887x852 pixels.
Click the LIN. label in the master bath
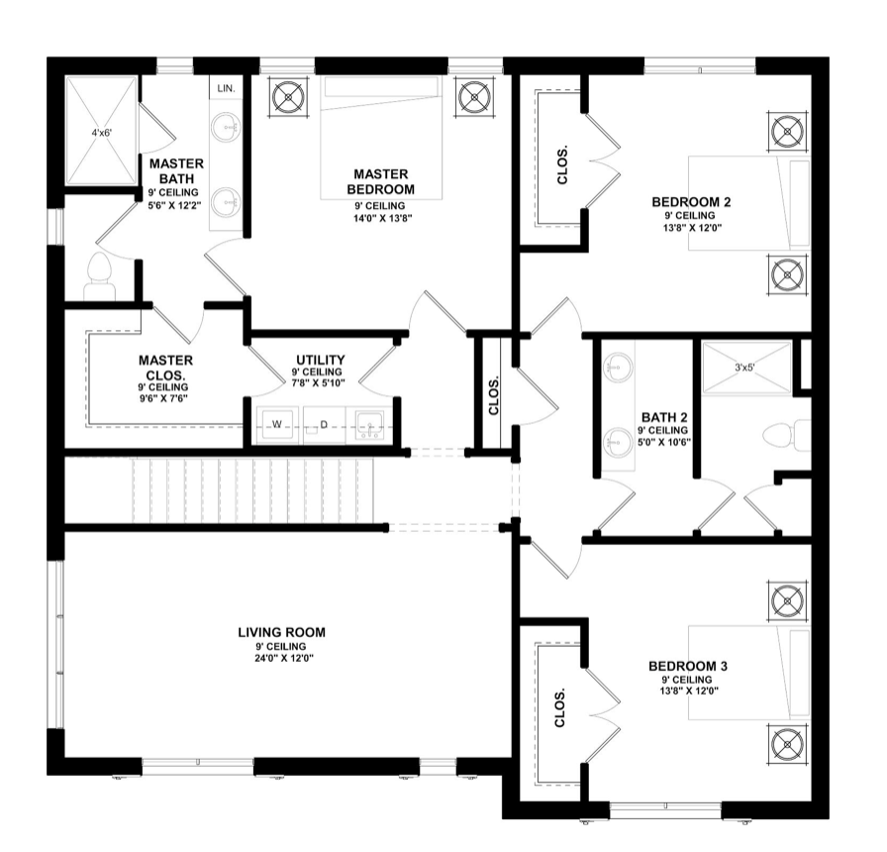pos(226,88)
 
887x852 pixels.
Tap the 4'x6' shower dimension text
pos(102,133)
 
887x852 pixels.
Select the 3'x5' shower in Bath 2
pos(746,367)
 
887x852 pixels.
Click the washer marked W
pos(277,425)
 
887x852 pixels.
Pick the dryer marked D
pos(324,425)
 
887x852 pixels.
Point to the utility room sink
pos(369,425)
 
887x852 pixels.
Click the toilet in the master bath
pos(100,276)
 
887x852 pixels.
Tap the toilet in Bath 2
pos(786,436)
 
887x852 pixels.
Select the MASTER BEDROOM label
pos(381,181)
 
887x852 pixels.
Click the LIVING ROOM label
pos(282,632)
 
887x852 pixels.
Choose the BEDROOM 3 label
pos(688,666)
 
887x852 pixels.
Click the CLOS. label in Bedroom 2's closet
pos(562,165)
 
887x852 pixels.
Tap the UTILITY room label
pos(320,360)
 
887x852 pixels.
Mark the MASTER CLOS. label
pos(165,368)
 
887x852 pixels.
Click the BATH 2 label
pos(664,417)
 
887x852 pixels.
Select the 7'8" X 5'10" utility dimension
pos(318,382)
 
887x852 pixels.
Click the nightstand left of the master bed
pos(288,97)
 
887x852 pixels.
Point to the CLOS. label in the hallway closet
pos(494,395)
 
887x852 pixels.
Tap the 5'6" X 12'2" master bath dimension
pos(174,205)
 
